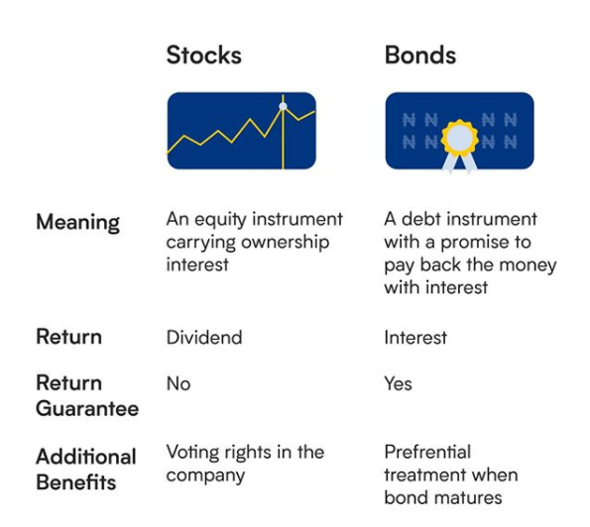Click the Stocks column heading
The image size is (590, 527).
[x=203, y=55]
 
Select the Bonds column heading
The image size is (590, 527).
[x=420, y=55]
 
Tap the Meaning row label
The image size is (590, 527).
[x=78, y=222]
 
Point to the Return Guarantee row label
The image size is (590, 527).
[x=87, y=396]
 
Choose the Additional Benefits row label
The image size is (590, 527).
[x=86, y=470]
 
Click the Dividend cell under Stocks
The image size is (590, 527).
[x=204, y=337]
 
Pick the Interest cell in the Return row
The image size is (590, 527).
[x=415, y=337]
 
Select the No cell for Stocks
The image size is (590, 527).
[x=178, y=383]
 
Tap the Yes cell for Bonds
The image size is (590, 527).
[x=398, y=383]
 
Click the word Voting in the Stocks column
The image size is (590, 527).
[x=192, y=452]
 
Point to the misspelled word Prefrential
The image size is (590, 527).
[x=427, y=452]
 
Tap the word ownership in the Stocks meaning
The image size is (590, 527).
[x=286, y=243]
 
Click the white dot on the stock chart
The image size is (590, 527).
[x=283, y=106]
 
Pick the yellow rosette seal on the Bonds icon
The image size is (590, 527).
[x=459, y=138]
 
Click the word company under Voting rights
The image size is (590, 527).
[x=205, y=475]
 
